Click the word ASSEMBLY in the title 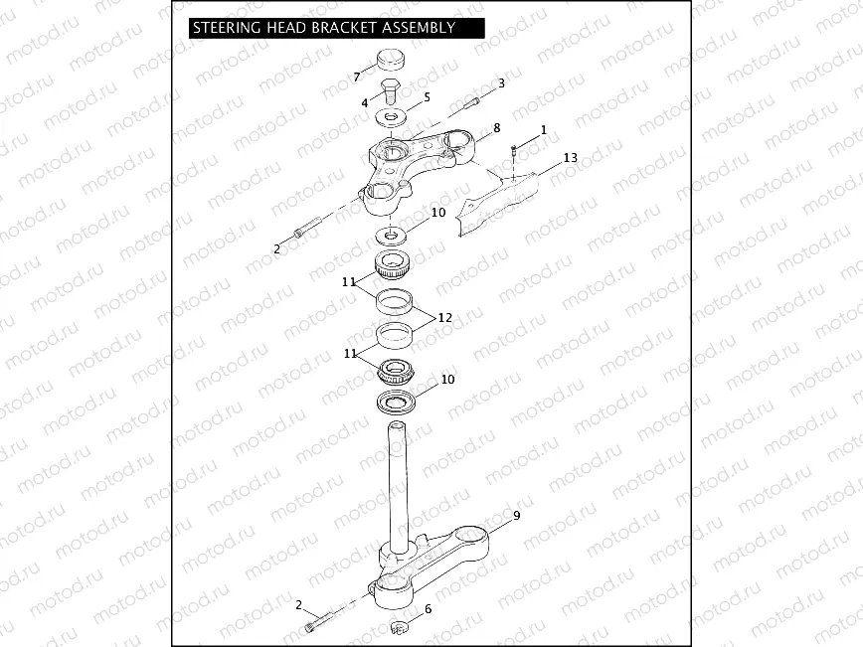(419, 28)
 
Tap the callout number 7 (358, 77)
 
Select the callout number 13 (570, 158)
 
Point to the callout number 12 (444, 317)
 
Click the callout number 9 (516, 515)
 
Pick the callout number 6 (428, 610)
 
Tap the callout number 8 (495, 129)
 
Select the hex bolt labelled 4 (389, 94)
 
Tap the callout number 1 (544, 130)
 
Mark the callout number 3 (501, 83)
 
